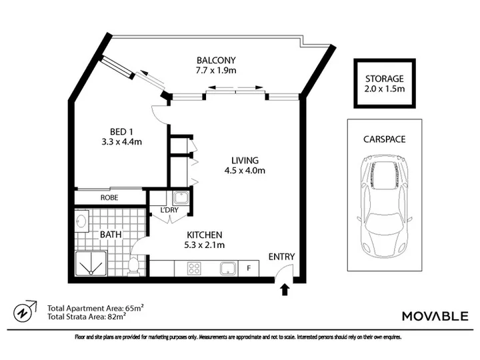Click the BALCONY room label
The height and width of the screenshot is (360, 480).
pyautogui.click(x=216, y=60)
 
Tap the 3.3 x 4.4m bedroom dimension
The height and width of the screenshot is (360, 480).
pyautogui.click(x=121, y=142)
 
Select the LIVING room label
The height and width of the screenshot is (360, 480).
pyautogui.click(x=245, y=160)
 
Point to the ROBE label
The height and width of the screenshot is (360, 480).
pyautogui.click(x=109, y=197)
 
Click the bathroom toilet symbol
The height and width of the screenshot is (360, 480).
pyautogui.click(x=134, y=265)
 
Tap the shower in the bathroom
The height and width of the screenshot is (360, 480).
pyautogui.click(x=91, y=263)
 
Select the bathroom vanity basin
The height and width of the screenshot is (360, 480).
pyautogui.click(x=81, y=221)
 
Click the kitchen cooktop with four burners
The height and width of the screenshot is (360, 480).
pyautogui.click(x=194, y=269)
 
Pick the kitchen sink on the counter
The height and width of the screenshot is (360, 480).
pyautogui.click(x=228, y=269)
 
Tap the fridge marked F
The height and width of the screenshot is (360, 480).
pyautogui.click(x=249, y=269)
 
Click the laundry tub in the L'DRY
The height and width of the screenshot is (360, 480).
pyautogui.click(x=181, y=198)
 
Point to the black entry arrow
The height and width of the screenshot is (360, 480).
pyautogui.click(x=285, y=289)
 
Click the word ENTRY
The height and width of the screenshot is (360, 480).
pyautogui.click(x=281, y=257)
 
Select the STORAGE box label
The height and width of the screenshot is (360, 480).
pyautogui.click(x=385, y=79)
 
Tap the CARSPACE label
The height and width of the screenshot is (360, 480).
pyautogui.click(x=385, y=139)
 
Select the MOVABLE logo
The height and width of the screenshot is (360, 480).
pyautogui.click(x=435, y=316)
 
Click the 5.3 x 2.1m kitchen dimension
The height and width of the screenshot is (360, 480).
pyautogui.click(x=204, y=245)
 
